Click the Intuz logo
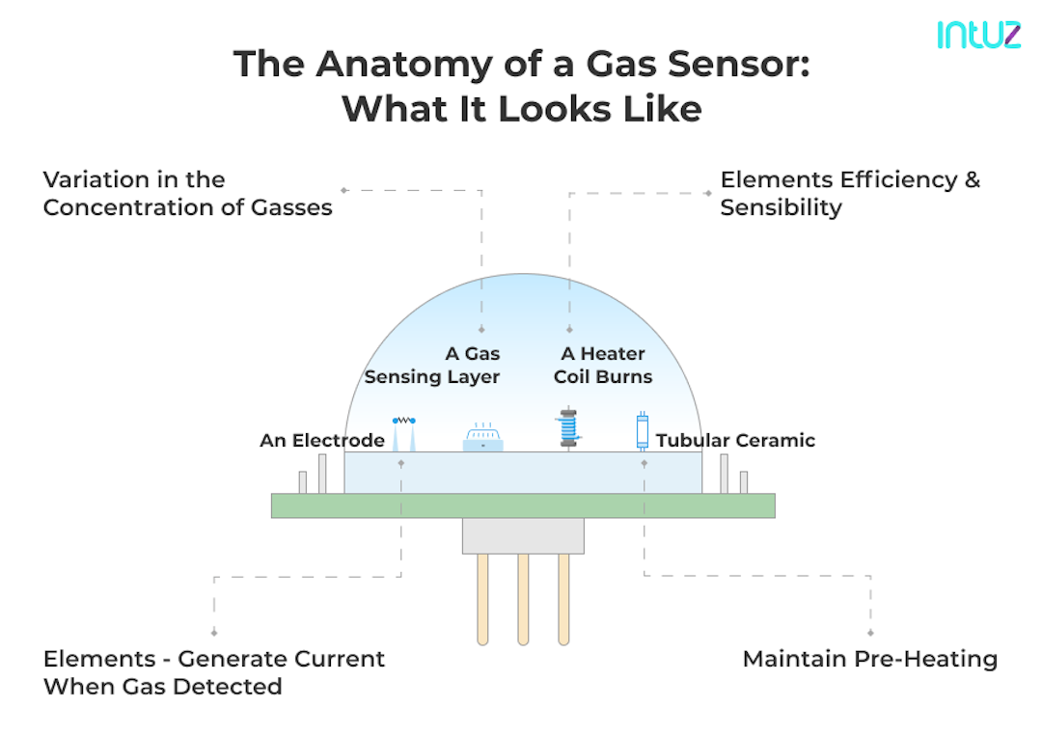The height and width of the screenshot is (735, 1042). (x=978, y=34)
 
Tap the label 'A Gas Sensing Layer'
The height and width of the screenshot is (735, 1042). (x=432, y=366)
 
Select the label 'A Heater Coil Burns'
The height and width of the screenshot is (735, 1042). (x=603, y=366)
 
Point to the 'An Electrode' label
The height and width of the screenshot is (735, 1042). (x=321, y=441)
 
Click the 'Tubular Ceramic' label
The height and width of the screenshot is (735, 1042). (x=735, y=441)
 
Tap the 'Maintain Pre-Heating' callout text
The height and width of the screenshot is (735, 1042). (x=869, y=660)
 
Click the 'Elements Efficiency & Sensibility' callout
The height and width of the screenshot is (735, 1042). (x=850, y=193)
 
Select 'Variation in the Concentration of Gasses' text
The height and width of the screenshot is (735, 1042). (x=187, y=193)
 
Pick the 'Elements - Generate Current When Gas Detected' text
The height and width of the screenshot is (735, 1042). (x=213, y=672)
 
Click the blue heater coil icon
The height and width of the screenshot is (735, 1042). (x=570, y=428)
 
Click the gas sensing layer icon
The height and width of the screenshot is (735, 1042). (x=483, y=439)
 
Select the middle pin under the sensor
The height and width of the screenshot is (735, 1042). (x=523, y=598)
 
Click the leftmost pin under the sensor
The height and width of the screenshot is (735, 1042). (x=482, y=598)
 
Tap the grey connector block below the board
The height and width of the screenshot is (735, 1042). (x=522, y=535)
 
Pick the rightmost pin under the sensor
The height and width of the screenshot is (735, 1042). (x=563, y=598)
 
